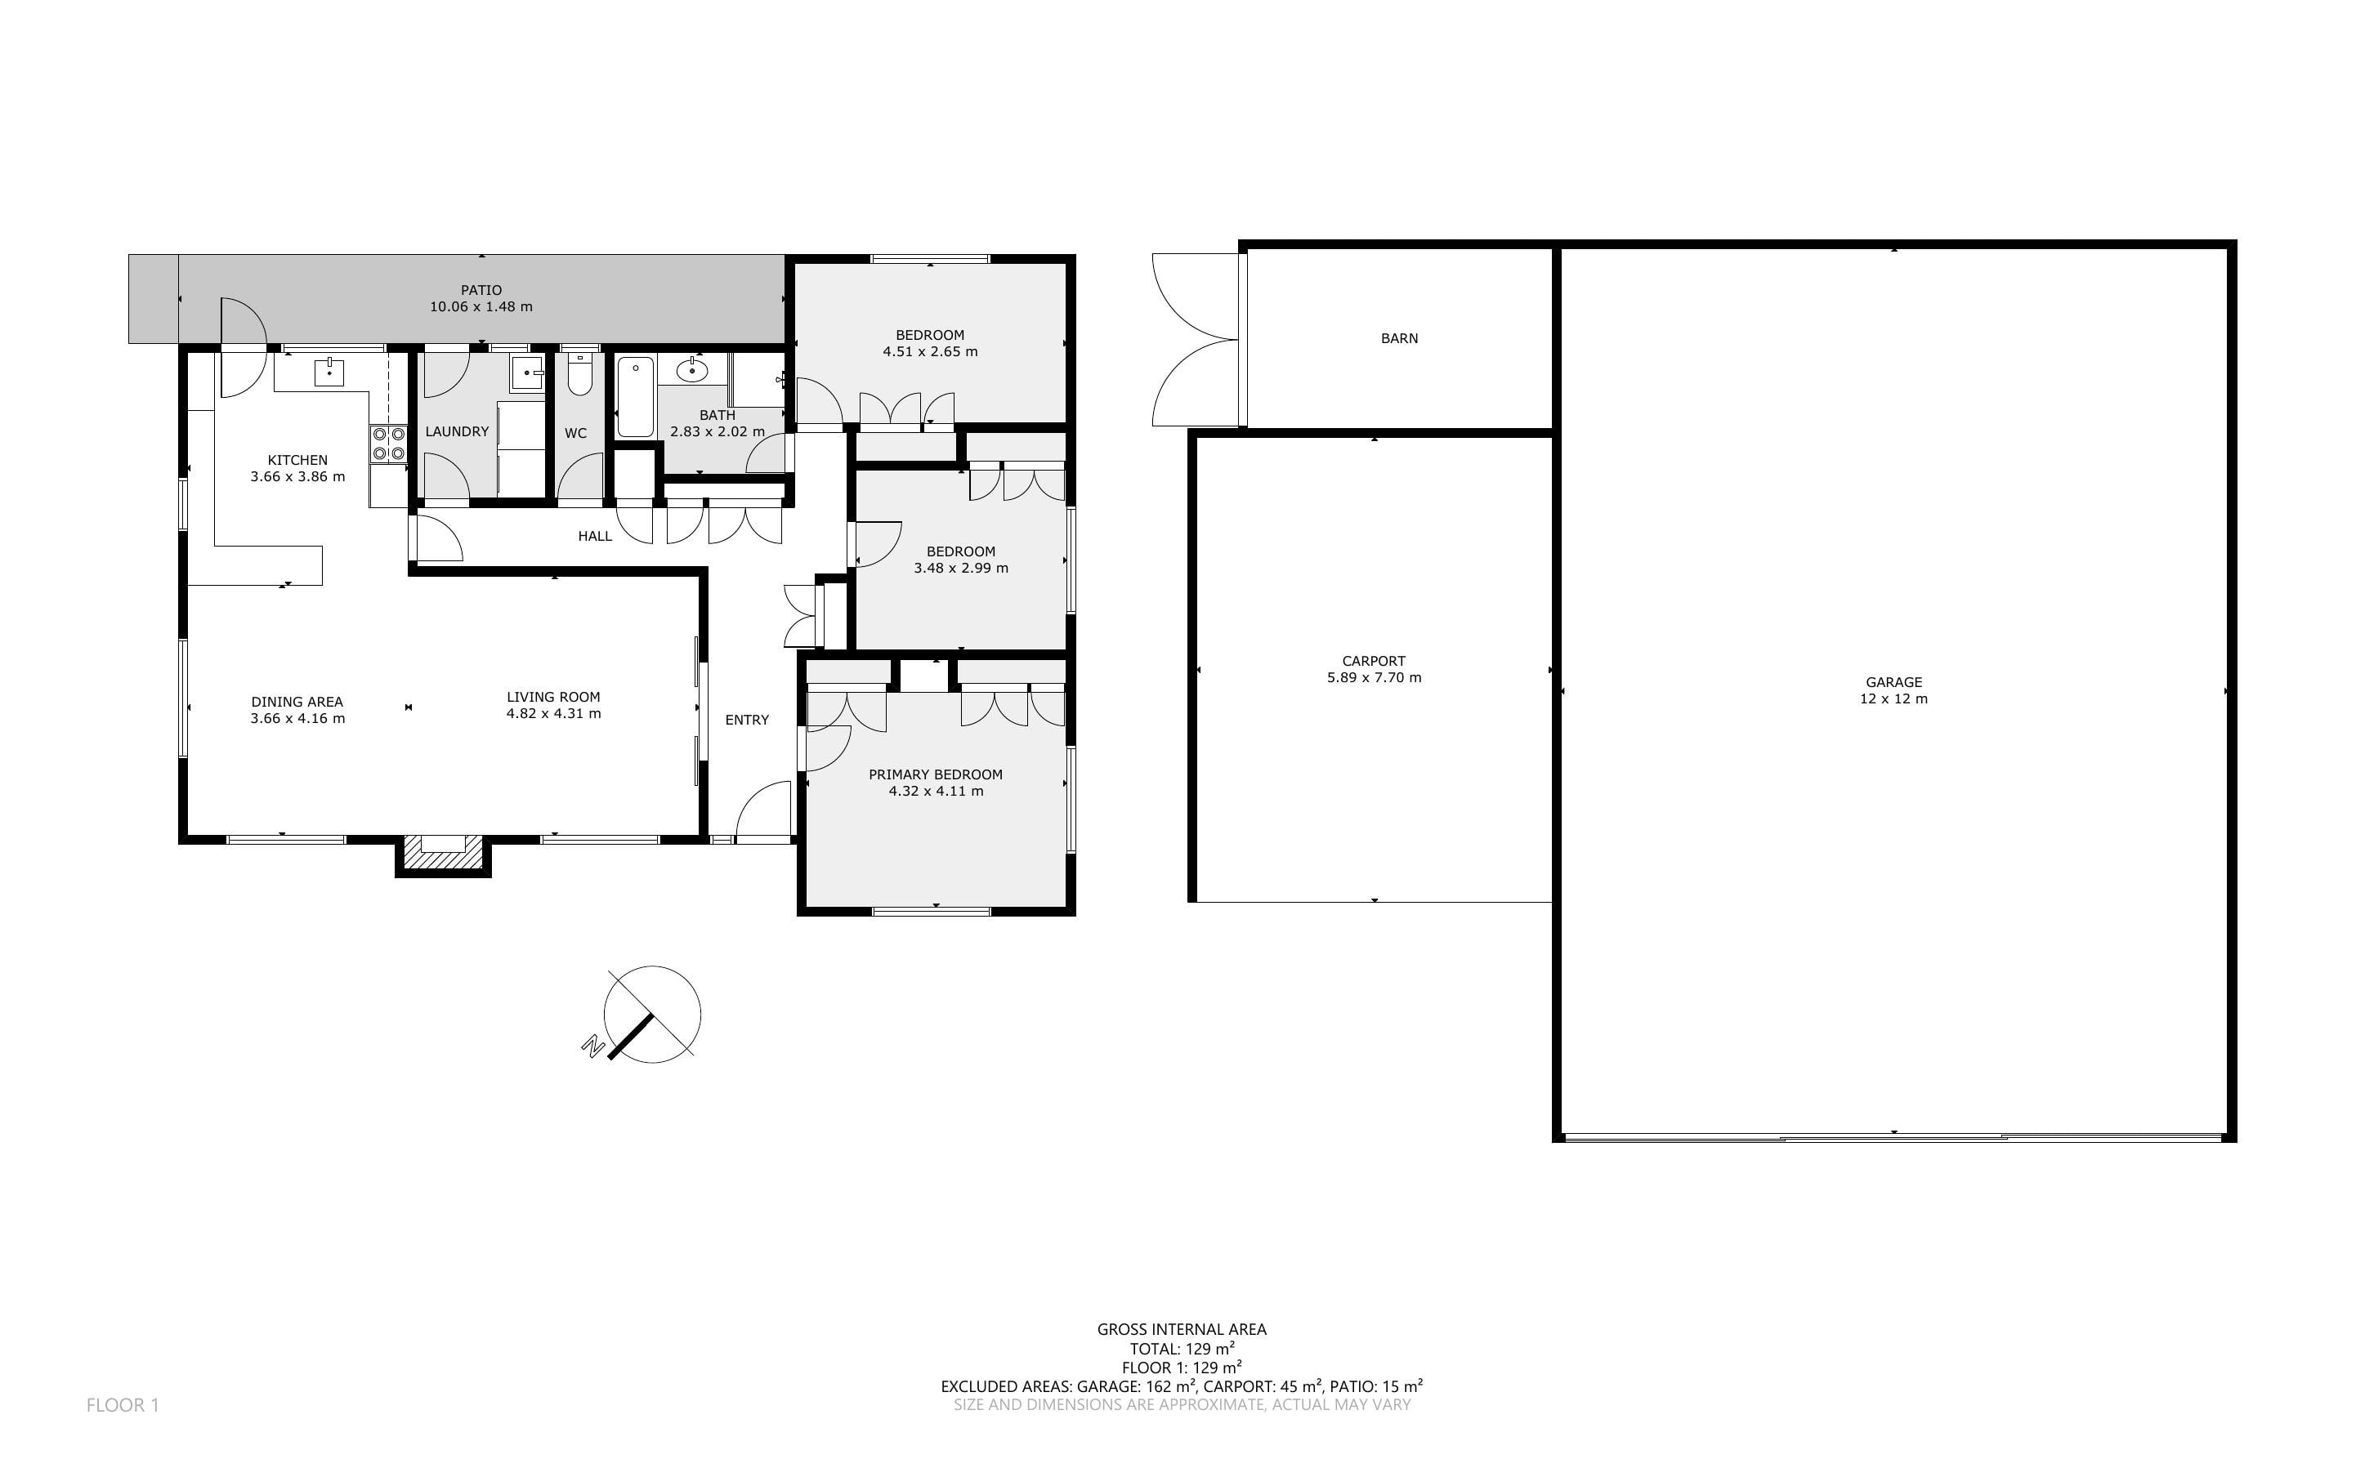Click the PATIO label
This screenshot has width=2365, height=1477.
[481, 290]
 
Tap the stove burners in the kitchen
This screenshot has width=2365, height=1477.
[388, 444]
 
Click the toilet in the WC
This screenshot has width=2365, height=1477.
[579, 375]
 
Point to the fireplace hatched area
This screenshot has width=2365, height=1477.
[444, 853]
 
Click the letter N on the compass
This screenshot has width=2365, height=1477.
[592, 1046]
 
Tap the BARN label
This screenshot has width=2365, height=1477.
[1399, 339]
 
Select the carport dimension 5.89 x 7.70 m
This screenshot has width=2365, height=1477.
[1374, 678]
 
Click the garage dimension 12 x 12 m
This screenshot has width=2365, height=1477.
[1893, 699]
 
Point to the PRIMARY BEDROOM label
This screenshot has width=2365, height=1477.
[936, 774]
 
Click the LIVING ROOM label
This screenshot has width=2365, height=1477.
[553, 698]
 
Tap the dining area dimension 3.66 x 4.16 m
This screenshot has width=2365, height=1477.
[297, 719]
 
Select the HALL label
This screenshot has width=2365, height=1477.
[595, 536]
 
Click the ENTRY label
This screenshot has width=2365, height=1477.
[746, 720]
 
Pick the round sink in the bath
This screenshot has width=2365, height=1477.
[691, 370]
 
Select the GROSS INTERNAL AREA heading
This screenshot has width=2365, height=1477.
[1181, 1329]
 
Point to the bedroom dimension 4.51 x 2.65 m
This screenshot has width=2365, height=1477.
[930, 351]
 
